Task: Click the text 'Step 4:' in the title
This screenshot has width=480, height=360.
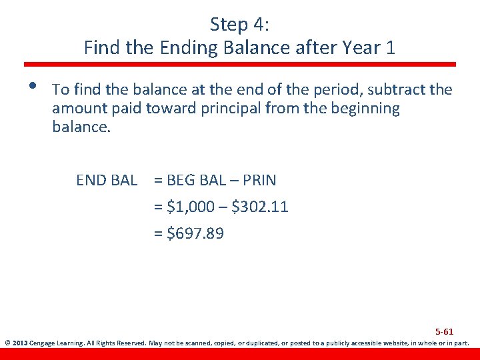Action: click(x=239, y=25)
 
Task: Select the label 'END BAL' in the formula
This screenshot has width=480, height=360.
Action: click(x=107, y=180)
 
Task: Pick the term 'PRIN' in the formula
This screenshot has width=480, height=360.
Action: click(x=261, y=180)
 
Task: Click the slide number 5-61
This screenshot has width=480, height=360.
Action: click(x=444, y=331)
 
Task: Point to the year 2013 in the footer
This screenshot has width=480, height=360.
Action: click(x=19, y=345)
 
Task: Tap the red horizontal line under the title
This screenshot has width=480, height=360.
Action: click(x=240, y=65)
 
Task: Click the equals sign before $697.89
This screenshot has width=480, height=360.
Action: click(x=158, y=233)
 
